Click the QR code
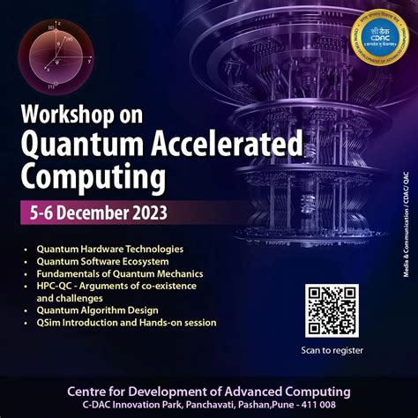point(332,311)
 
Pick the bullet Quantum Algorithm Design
point(97,310)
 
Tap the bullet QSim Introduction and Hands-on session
point(126,323)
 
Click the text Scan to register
point(332,350)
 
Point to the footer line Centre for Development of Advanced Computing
point(209,391)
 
